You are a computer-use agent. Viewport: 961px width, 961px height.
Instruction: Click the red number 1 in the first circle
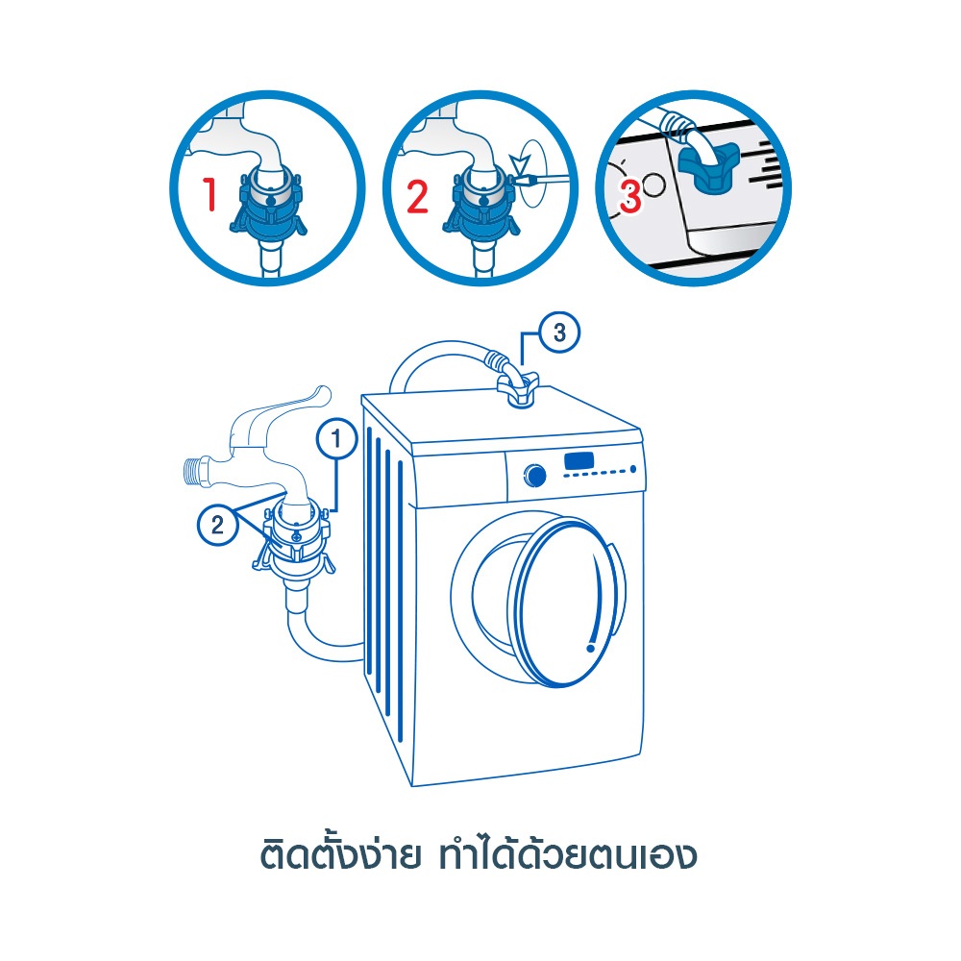pyautogui.click(x=210, y=194)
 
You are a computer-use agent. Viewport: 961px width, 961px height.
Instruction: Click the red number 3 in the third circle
pyautogui.click(x=630, y=196)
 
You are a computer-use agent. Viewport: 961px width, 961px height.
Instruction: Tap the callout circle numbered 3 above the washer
pyautogui.click(x=559, y=333)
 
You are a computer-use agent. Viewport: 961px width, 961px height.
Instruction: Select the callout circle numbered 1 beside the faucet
pyautogui.click(x=336, y=439)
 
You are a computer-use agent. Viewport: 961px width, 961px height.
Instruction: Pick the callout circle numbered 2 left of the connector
pyautogui.click(x=217, y=525)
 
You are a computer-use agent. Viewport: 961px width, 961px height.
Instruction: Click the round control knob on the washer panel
pyautogui.click(x=535, y=476)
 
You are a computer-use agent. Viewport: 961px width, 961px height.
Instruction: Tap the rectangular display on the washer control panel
pyautogui.click(x=579, y=460)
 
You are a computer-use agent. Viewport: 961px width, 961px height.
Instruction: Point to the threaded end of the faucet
pyautogui.click(x=194, y=472)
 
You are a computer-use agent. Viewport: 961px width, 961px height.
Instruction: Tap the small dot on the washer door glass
pyautogui.click(x=591, y=647)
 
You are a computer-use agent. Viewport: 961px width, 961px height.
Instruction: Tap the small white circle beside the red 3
pyautogui.click(x=654, y=185)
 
